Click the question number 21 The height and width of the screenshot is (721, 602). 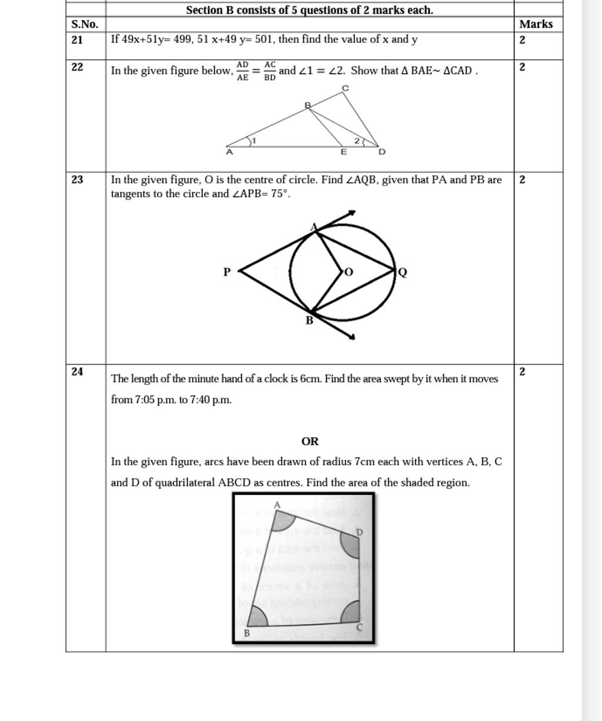pyautogui.click(x=77, y=40)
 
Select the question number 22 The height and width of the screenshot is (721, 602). pyautogui.click(x=77, y=67)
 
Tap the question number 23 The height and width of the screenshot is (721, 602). pyautogui.click(x=77, y=180)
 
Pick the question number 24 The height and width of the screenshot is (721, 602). pyautogui.click(x=77, y=371)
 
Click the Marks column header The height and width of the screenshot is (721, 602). pyautogui.click(x=536, y=24)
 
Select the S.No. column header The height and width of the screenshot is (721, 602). pyautogui.click(x=85, y=24)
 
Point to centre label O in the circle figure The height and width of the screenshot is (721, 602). pyautogui.click(x=349, y=271)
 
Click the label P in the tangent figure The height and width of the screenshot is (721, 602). pyautogui.click(x=227, y=271)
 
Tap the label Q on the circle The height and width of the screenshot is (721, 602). pyautogui.click(x=403, y=271)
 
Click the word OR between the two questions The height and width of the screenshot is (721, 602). pyautogui.click(x=310, y=441)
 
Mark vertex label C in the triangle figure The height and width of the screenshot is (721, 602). pyautogui.click(x=345, y=88)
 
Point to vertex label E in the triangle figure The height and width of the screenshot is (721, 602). pyautogui.click(x=345, y=152)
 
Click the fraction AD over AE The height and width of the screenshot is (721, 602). pyautogui.click(x=243, y=71)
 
